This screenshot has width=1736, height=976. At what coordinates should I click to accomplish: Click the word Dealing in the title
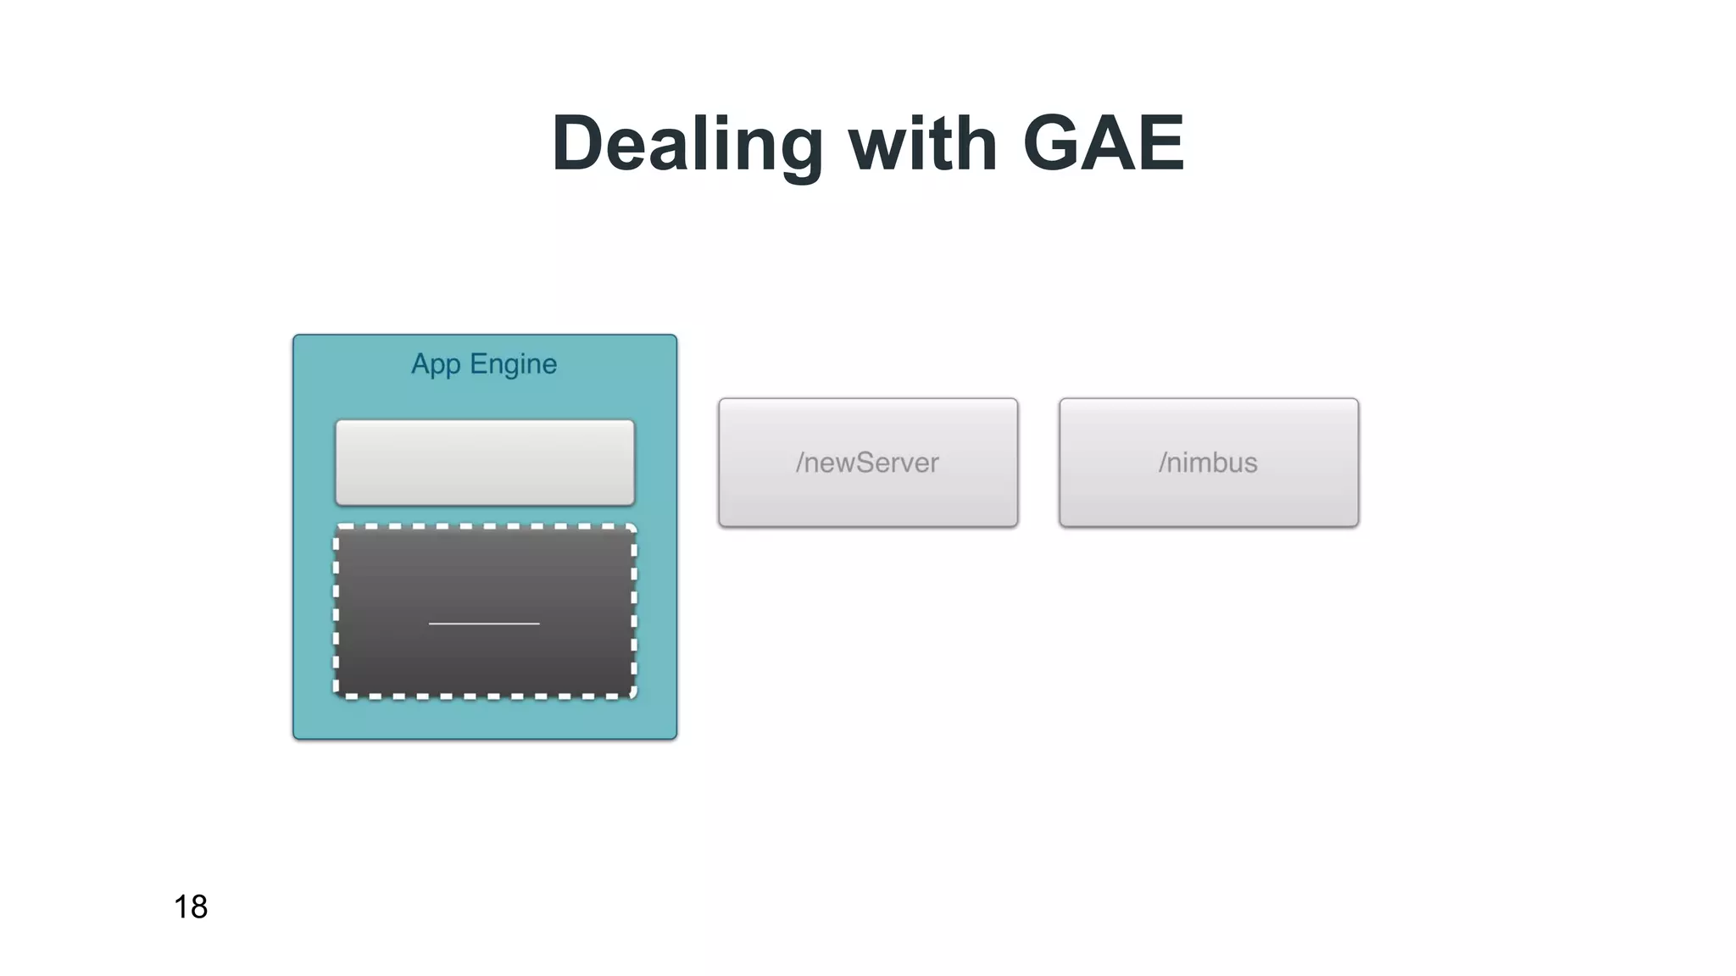pyautogui.click(x=687, y=144)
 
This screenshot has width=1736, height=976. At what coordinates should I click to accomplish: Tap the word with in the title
pyautogui.click(x=923, y=144)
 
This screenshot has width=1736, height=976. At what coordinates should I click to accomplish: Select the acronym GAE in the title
pyautogui.click(x=1103, y=144)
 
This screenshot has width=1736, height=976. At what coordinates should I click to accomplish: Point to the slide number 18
pyautogui.click(x=191, y=907)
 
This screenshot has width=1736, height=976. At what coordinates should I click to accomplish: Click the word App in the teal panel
pyautogui.click(x=436, y=365)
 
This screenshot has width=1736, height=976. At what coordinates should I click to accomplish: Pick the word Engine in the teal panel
pyautogui.click(x=513, y=365)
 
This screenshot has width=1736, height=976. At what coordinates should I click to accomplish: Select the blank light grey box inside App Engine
pyautogui.click(x=485, y=463)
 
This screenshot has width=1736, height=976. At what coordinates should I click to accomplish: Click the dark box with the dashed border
pyautogui.click(x=485, y=576)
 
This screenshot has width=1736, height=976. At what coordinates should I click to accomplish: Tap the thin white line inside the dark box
pyautogui.click(x=484, y=624)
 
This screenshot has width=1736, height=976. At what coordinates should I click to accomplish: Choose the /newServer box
pyautogui.click(x=868, y=463)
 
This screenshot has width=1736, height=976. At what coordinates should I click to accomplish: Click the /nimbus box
pyautogui.click(x=1209, y=463)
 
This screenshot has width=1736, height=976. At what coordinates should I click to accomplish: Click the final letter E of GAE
pyautogui.click(x=1159, y=144)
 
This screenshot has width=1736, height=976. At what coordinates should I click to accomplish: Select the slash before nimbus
pyautogui.click(x=1163, y=463)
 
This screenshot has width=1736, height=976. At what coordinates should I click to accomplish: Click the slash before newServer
pyautogui.click(x=799, y=463)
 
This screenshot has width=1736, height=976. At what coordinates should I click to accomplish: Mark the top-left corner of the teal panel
pyautogui.click(x=295, y=336)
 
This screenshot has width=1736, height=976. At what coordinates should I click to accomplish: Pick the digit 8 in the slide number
pyautogui.click(x=198, y=907)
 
